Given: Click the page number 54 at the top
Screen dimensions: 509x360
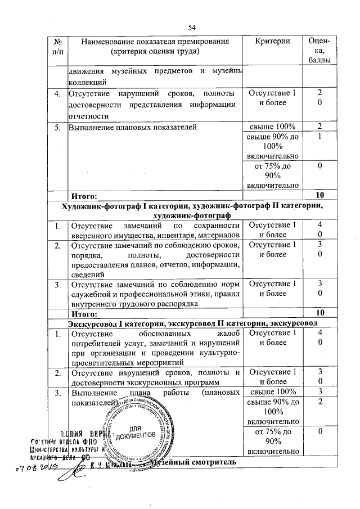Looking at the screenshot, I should [192, 28].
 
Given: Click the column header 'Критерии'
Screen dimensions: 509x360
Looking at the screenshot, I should [272, 42].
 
